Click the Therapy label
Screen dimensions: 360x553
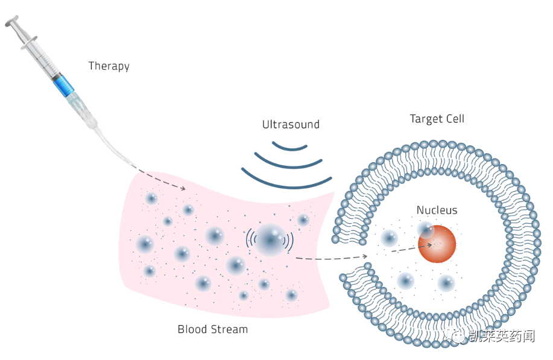coord(109,66)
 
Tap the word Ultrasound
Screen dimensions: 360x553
coord(291,125)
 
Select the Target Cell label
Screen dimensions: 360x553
coord(437,119)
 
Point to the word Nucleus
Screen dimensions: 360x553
coord(437,210)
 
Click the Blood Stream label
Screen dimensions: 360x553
coord(212,329)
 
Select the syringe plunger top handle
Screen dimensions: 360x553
coord(11,22)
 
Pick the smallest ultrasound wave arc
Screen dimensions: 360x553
coord(290,147)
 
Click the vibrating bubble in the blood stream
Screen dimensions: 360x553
coord(270,239)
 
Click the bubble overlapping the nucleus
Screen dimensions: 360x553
coord(425,230)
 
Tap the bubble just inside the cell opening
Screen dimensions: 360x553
coord(389,239)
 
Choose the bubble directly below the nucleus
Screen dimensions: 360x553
coord(446,283)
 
